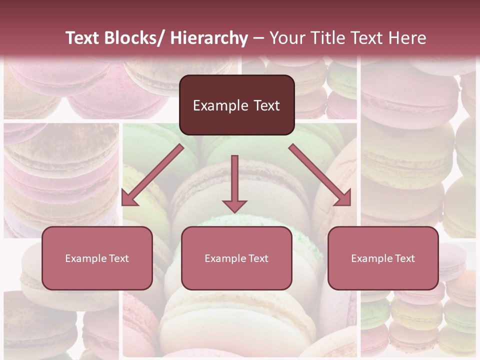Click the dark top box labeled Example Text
coord(236,105)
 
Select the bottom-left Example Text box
coord(97,258)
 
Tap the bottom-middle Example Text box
coord(236,258)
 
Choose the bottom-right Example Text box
coord(383,258)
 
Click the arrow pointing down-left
coord(150,176)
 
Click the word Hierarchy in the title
coord(209,38)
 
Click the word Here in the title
coord(408,38)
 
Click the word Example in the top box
coord(220,105)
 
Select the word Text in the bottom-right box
coord(405,258)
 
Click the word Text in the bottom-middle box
coord(258,258)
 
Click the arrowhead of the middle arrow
coord(234,205)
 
